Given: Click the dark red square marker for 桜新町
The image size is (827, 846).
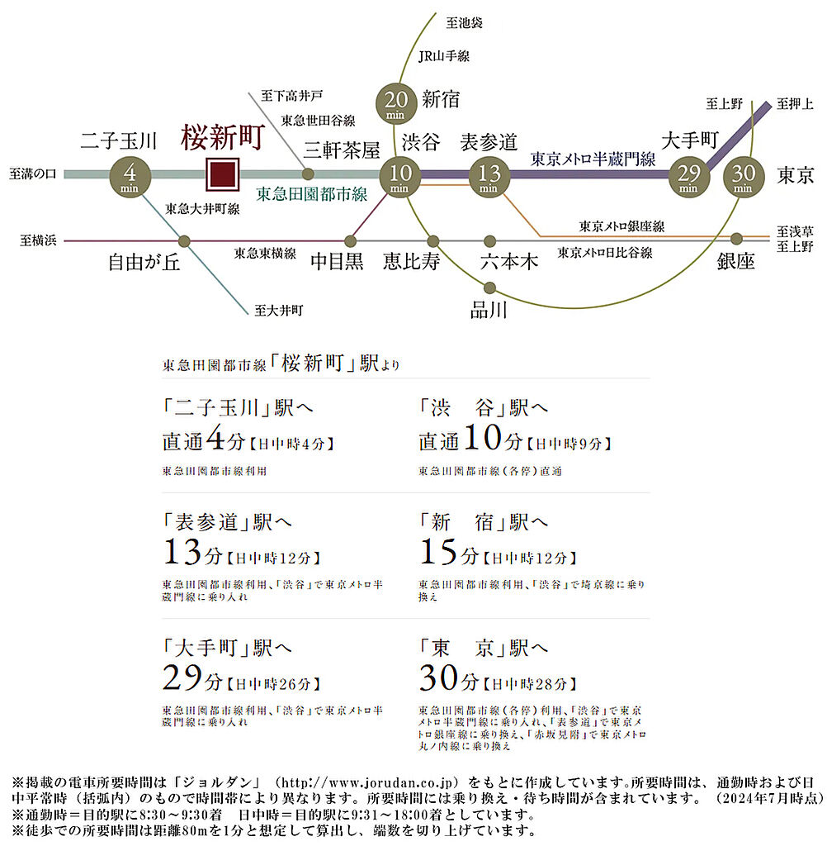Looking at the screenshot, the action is pyautogui.click(x=223, y=174).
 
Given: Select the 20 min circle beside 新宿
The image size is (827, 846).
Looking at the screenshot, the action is pyautogui.click(x=396, y=103).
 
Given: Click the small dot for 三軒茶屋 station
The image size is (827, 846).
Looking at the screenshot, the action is pyautogui.click(x=308, y=173).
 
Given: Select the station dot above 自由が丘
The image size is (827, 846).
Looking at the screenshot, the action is pyautogui.click(x=184, y=240).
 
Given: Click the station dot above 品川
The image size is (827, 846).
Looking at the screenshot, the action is pyautogui.click(x=489, y=288).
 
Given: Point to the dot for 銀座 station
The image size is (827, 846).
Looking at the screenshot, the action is pyautogui.click(x=736, y=239).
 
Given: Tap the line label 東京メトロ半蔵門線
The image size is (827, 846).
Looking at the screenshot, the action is pyautogui.click(x=593, y=159).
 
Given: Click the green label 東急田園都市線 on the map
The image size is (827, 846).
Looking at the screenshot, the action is pyautogui.click(x=312, y=194).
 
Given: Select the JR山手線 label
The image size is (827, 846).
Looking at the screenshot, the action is pyautogui.click(x=444, y=55).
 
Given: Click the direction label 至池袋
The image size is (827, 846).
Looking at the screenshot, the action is pyautogui.click(x=464, y=22).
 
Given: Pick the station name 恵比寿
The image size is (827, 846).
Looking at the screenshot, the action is pyautogui.click(x=411, y=262).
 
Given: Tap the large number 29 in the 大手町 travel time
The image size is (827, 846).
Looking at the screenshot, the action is pyautogui.click(x=182, y=677).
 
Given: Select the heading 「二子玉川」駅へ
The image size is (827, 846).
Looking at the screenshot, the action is pyautogui.click(x=238, y=407).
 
